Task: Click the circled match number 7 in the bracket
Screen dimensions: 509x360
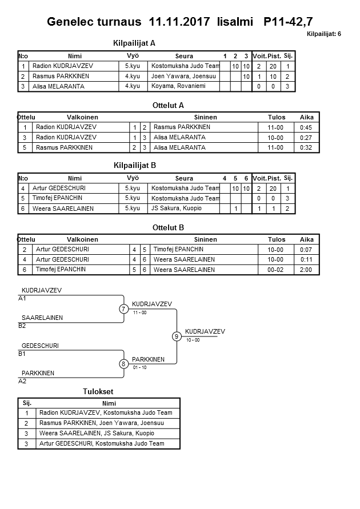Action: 123,309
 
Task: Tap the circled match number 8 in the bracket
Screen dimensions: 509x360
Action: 123,364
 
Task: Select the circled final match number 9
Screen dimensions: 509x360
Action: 177,336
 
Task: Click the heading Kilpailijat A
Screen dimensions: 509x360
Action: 134,43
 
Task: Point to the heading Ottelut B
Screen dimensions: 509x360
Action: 168,227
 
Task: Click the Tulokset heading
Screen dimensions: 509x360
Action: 98,392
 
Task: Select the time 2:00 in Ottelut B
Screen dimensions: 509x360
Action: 306,270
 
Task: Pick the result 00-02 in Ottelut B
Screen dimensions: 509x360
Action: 276,270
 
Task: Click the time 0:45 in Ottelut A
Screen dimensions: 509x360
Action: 306,127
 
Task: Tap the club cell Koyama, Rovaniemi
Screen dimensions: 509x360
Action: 178,86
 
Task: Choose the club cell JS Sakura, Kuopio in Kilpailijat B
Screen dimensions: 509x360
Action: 176,209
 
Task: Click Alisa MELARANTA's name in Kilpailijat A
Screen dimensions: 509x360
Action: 58,87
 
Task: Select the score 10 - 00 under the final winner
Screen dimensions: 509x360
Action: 193,340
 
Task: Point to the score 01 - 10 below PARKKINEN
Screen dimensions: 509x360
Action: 139,367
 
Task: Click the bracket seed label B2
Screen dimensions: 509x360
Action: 22,326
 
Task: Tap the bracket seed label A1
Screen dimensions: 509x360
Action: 22,298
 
